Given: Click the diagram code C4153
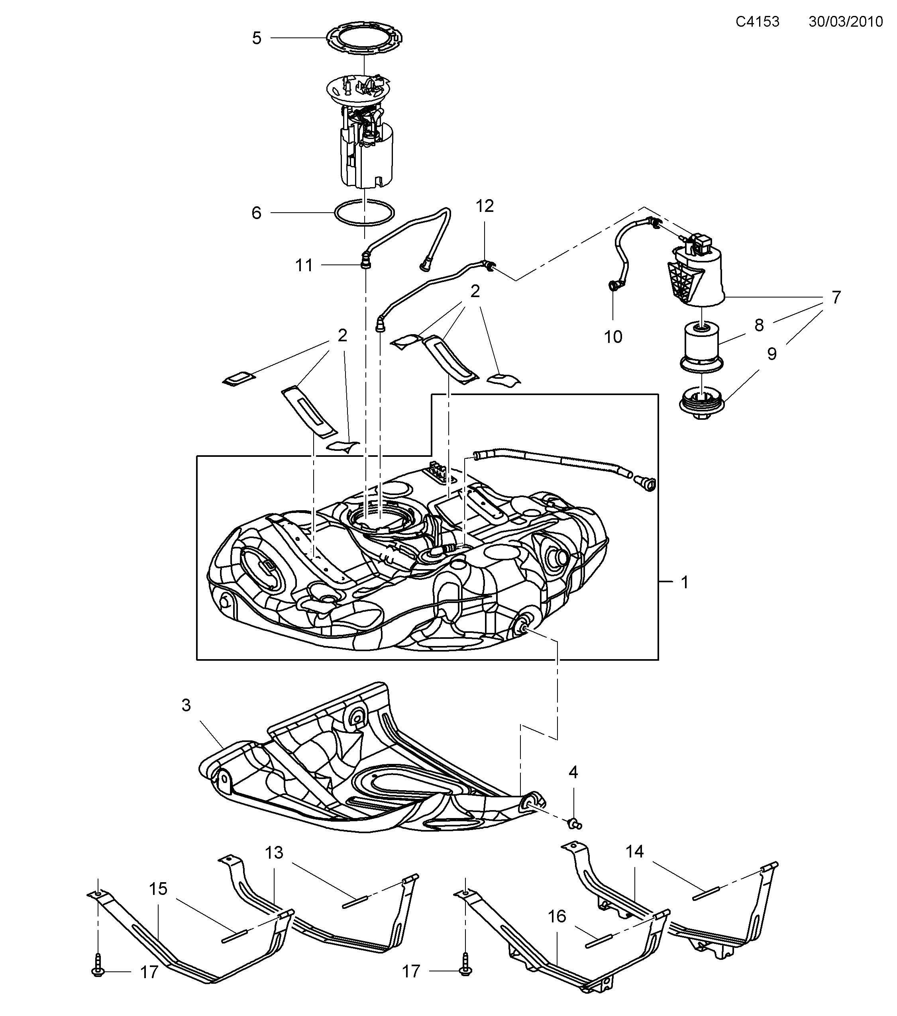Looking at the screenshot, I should (x=757, y=22).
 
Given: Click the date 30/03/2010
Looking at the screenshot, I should (x=846, y=22).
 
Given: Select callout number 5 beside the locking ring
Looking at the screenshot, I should (x=257, y=38).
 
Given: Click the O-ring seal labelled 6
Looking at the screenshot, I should (x=365, y=213).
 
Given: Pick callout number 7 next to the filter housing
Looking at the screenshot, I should (x=836, y=297).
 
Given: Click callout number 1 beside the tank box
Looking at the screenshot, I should (x=685, y=582).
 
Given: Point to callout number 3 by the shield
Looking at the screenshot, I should (x=186, y=705).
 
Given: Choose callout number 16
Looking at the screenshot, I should (x=557, y=916).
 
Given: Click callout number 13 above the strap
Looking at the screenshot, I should (x=274, y=852).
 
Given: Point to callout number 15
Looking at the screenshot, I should (x=158, y=889).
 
